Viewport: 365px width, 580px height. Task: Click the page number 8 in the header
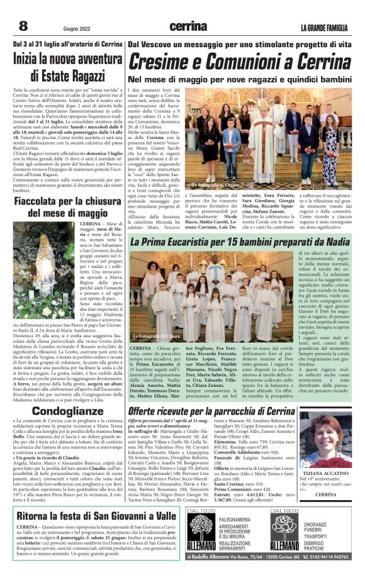[x=23, y=26]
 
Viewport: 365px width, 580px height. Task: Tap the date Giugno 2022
[x=76, y=28]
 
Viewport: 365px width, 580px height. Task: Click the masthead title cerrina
[x=188, y=26]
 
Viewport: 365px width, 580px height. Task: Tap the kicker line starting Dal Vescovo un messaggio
[x=239, y=45]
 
